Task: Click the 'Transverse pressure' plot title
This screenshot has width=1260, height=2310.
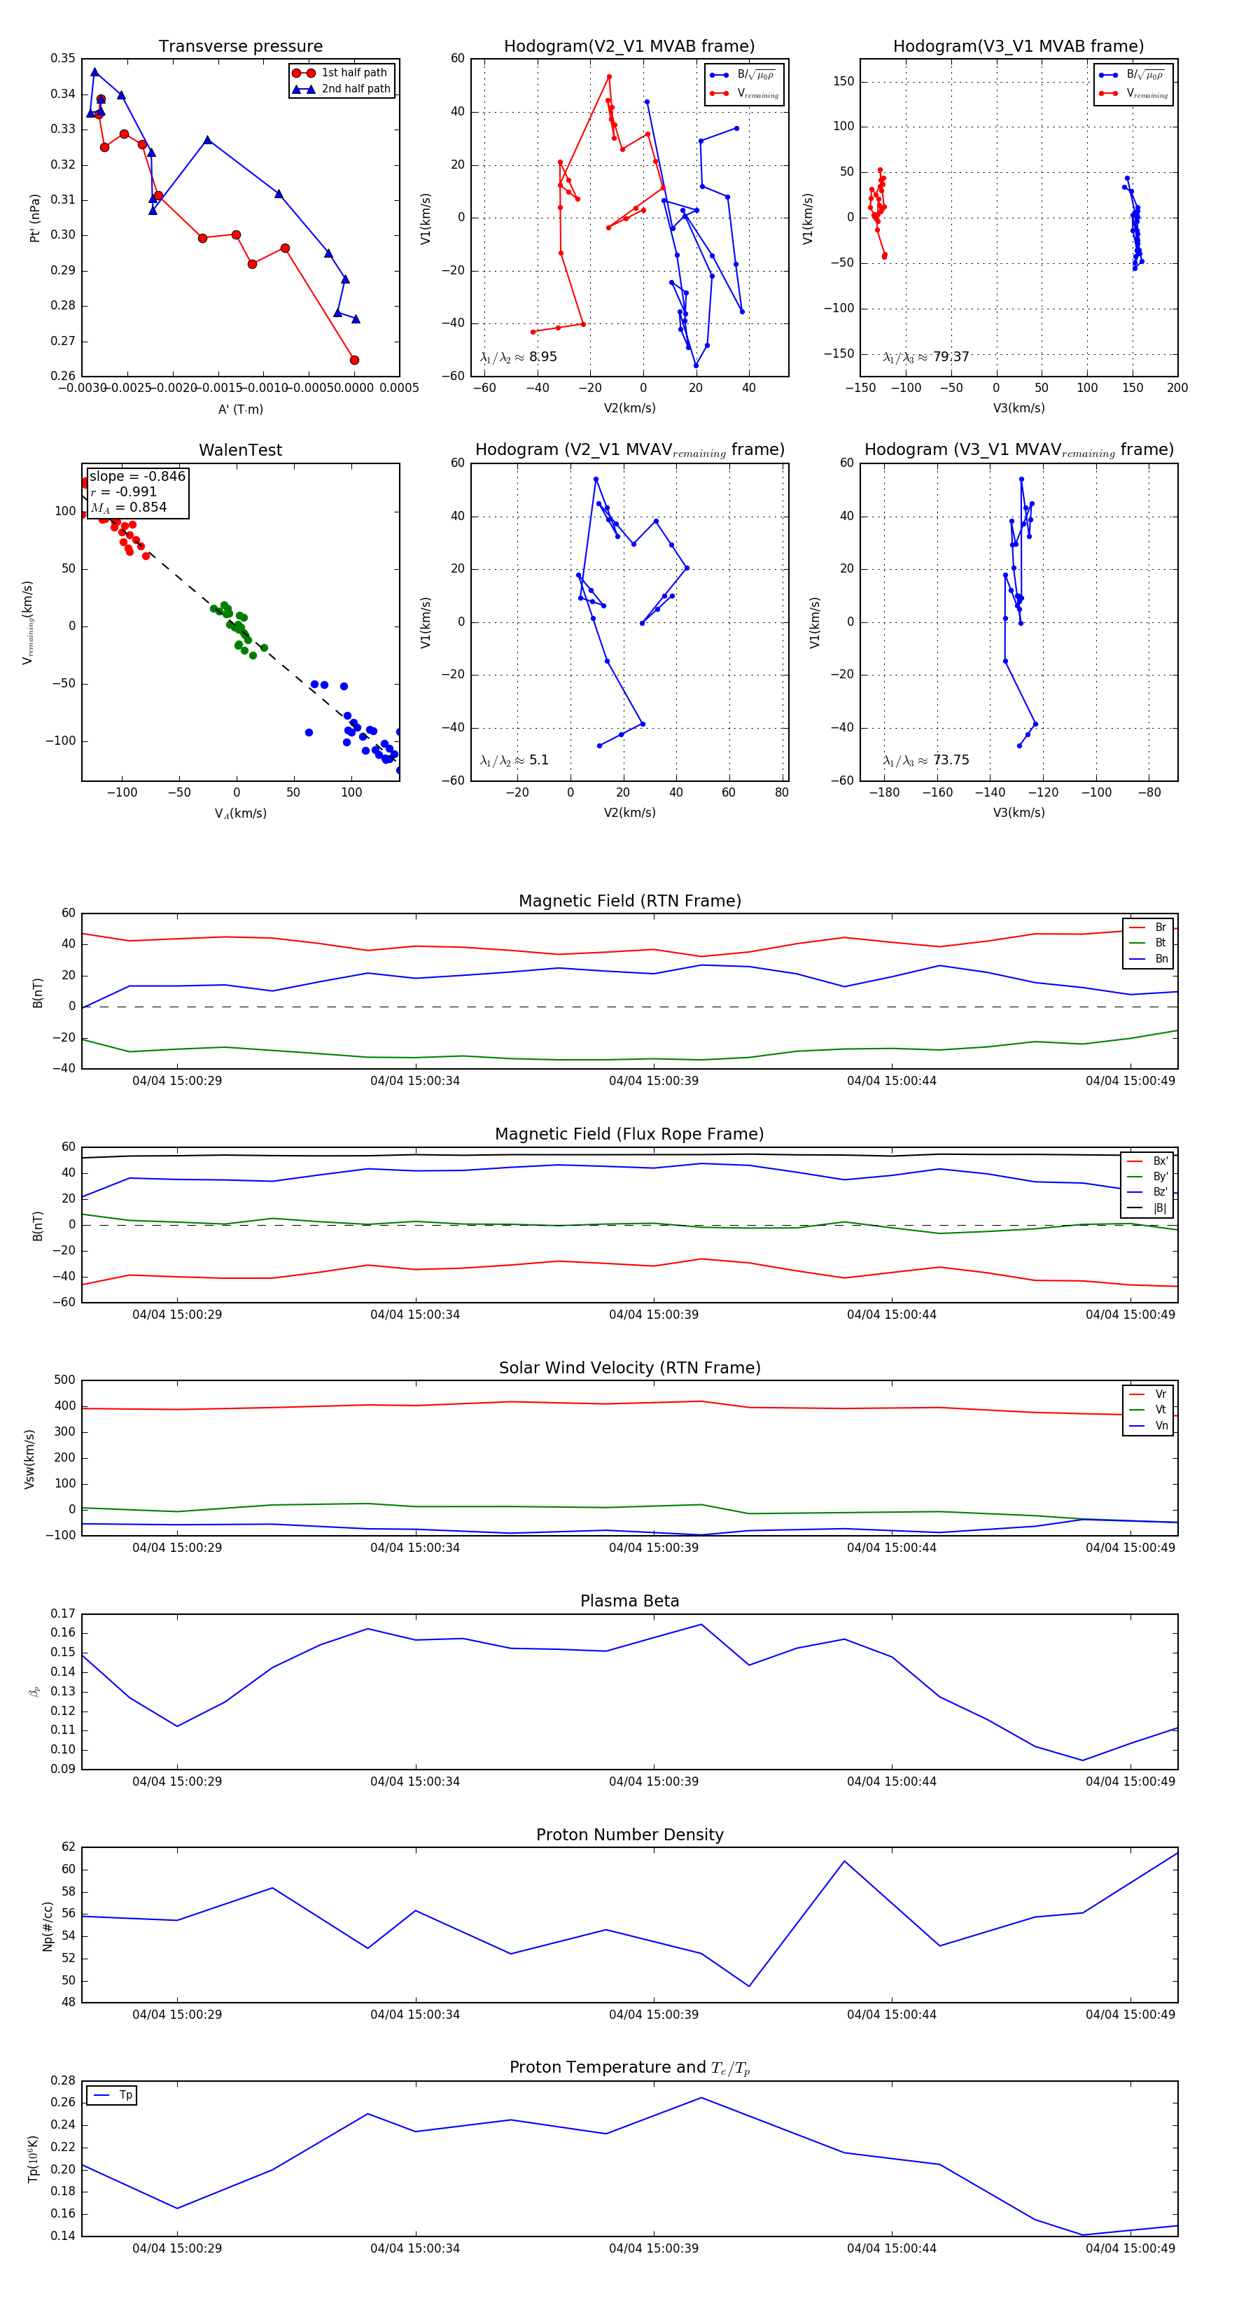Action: coord(240,47)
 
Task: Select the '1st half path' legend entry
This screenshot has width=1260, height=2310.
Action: coord(353,73)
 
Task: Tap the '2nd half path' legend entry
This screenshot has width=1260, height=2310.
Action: coord(355,89)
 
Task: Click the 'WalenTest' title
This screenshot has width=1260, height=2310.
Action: coord(240,450)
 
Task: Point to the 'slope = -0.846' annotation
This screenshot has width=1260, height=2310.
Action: coord(137,476)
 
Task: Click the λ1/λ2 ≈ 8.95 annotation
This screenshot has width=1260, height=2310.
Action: coord(518,357)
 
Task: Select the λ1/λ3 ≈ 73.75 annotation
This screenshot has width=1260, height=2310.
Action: coord(925,760)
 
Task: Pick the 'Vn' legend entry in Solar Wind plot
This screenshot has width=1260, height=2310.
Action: coord(1161,1426)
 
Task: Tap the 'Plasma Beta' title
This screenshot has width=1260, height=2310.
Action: coord(629,1601)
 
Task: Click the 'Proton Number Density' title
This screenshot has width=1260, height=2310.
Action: coord(629,1835)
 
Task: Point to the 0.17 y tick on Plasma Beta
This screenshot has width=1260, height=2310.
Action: coord(63,1613)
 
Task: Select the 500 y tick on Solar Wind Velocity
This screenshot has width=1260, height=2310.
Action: coord(64,1380)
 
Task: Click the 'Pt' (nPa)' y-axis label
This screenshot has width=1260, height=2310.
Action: coord(35,218)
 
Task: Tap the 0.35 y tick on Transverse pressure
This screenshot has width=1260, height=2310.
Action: coord(63,58)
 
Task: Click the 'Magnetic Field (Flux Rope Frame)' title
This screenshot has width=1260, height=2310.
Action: coord(629,1135)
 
